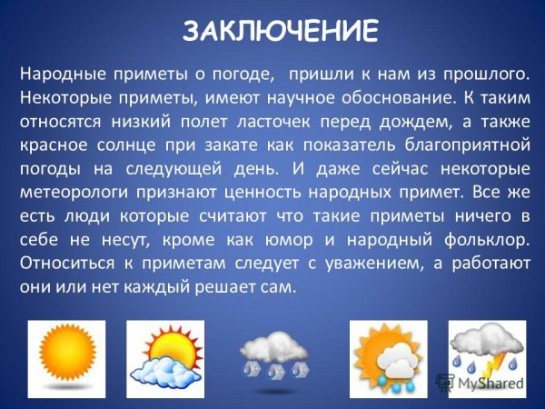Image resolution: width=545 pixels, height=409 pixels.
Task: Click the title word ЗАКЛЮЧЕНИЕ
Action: click(280, 31)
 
